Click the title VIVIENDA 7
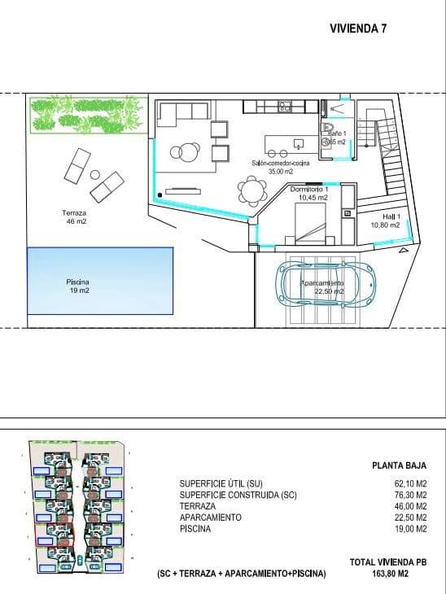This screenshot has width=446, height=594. (358, 28)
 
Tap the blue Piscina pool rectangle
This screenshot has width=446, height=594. (101, 281)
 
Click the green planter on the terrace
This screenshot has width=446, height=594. (89, 115)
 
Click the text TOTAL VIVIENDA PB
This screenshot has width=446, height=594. (387, 562)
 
